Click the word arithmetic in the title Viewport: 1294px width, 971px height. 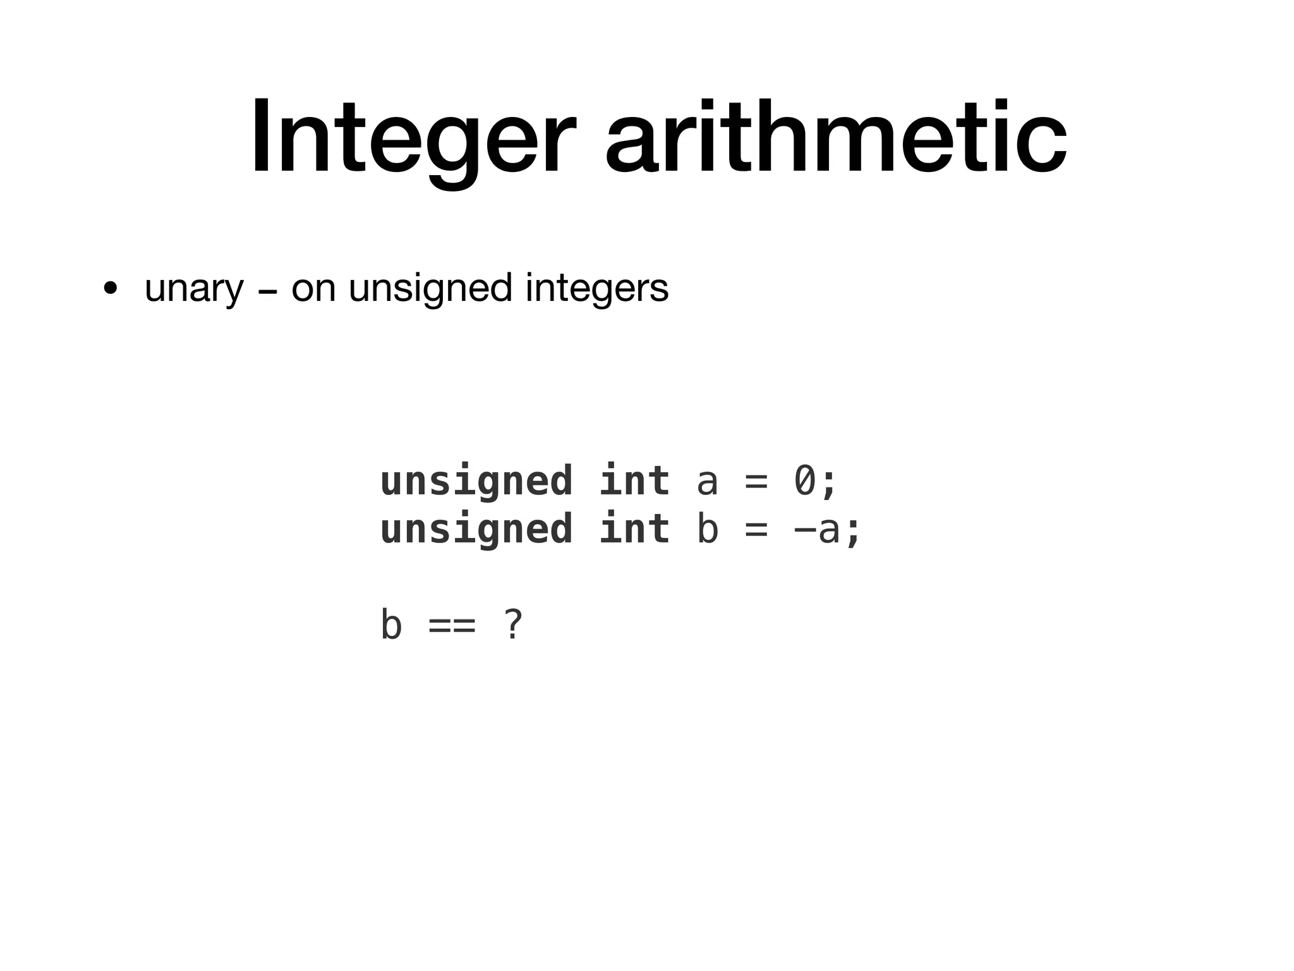835,138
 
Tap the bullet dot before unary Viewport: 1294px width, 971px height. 111,290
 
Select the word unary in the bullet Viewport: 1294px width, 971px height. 193,290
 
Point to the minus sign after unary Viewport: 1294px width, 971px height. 267,293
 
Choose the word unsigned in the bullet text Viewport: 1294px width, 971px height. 430,290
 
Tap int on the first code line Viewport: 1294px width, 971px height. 634,480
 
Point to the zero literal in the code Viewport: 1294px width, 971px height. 805,480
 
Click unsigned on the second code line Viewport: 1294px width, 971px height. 476,530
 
